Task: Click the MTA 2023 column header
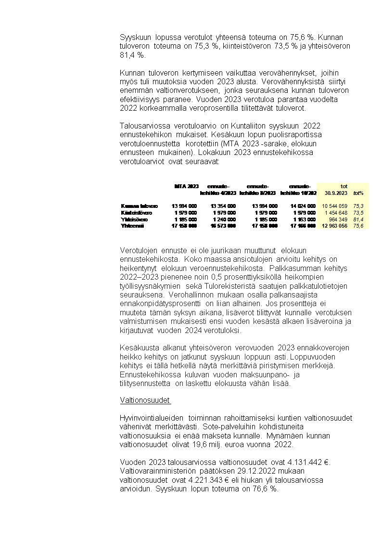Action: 186,186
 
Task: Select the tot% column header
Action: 358,193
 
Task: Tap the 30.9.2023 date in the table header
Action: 336,193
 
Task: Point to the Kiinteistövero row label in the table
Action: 137,212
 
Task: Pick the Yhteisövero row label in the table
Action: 135,219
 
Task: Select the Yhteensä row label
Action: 133,226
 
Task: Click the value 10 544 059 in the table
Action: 334,206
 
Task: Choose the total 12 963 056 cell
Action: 334,226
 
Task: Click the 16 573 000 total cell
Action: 223,226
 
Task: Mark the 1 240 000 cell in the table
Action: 225,219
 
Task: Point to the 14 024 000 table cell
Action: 303,206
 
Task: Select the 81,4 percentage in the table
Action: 358,219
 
